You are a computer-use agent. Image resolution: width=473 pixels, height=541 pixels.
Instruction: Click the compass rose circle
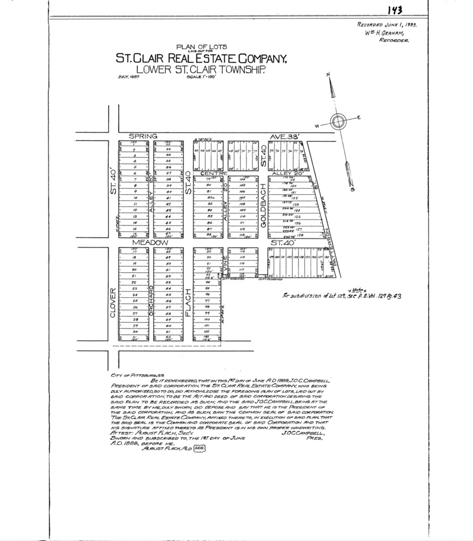click(339, 122)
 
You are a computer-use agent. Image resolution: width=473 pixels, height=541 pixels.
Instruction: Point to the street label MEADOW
click(147, 243)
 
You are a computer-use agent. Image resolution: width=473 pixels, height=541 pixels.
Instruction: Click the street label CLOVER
click(112, 303)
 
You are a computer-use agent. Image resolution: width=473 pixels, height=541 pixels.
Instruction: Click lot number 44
click(169, 216)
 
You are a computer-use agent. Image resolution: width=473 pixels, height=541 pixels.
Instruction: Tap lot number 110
click(242, 216)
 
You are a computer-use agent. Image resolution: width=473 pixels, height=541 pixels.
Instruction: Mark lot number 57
click(169, 307)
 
